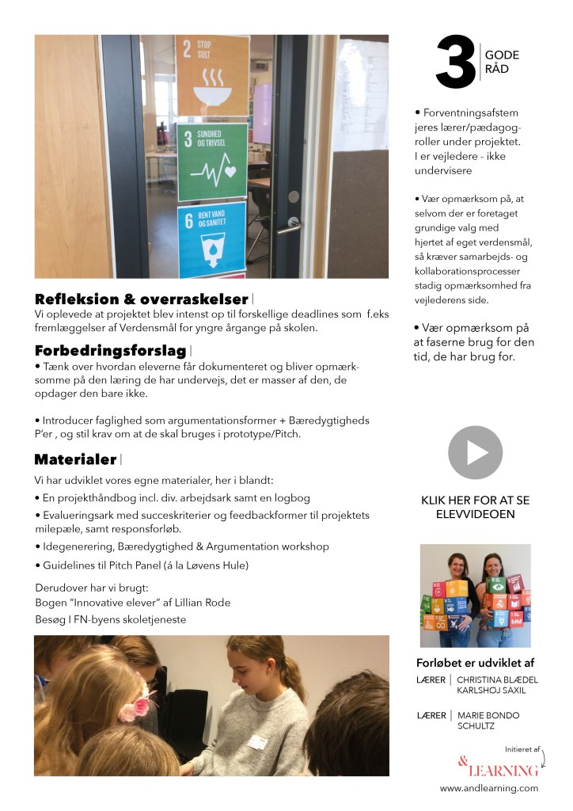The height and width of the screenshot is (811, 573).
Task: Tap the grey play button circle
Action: click(x=475, y=452)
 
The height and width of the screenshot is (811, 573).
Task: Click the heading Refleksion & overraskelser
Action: click(x=142, y=299)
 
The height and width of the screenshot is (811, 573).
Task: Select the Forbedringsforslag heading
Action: click(x=110, y=350)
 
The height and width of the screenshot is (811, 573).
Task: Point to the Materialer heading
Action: click(x=76, y=459)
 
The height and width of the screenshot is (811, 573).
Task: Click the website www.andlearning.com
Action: click(x=488, y=788)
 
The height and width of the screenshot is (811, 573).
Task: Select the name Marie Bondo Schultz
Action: click(x=488, y=721)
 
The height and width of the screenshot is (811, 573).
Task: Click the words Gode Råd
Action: click(x=502, y=62)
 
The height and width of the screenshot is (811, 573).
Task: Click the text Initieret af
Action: click(x=522, y=748)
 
